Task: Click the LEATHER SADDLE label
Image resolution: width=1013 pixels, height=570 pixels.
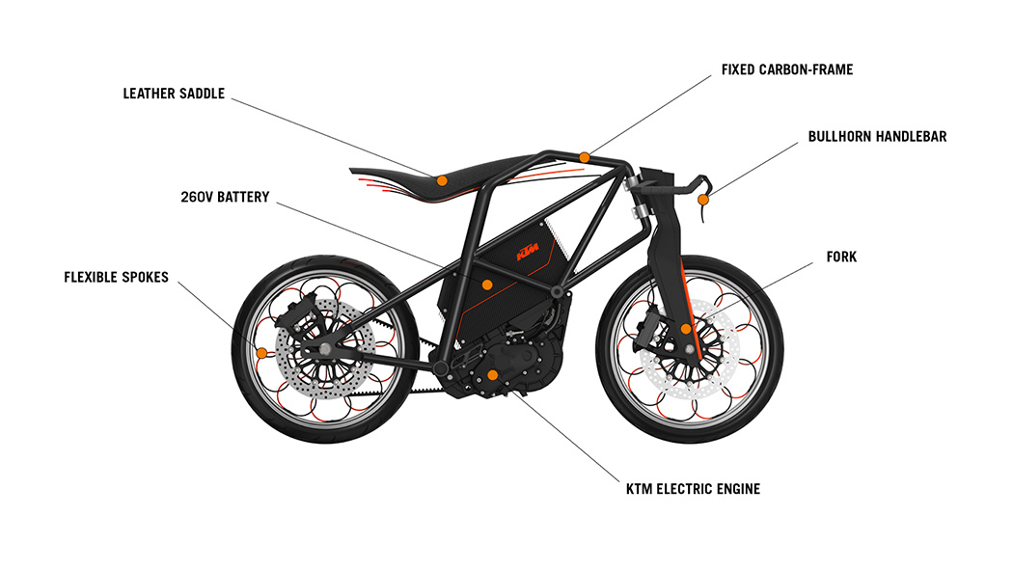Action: tap(174, 94)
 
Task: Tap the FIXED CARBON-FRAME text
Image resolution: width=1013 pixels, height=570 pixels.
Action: tap(787, 70)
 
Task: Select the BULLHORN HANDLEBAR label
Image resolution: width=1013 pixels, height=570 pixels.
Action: tap(877, 137)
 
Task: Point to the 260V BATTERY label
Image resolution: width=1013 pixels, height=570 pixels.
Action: tap(225, 197)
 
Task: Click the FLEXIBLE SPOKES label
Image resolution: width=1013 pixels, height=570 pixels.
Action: tap(116, 277)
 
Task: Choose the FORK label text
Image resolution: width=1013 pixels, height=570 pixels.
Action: tap(841, 258)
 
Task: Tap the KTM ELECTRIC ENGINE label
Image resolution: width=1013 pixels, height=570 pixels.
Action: tap(693, 489)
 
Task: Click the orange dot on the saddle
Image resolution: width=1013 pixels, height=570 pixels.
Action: tap(441, 180)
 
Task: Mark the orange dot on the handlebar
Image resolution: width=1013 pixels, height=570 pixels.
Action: tap(704, 200)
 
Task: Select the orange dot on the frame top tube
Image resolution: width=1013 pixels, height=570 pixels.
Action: tap(585, 157)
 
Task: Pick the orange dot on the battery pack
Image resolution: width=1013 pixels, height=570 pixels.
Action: tap(487, 285)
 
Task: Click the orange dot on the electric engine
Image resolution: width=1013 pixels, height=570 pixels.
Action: tap(492, 374)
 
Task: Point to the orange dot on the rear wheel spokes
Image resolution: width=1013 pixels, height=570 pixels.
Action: tap(260, 351)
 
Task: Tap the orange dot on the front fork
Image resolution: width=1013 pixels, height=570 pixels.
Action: tap(686, 329)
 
